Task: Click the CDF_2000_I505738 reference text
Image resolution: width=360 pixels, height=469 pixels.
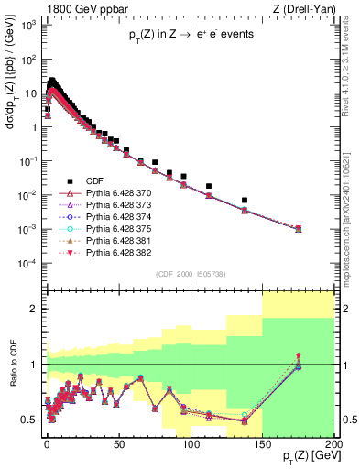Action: tap(190, 274)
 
